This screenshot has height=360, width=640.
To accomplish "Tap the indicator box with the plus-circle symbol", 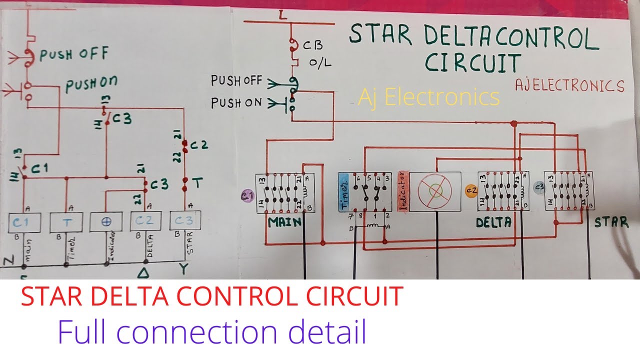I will click(106, 221).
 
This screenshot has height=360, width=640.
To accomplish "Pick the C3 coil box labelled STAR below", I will click(185, 220).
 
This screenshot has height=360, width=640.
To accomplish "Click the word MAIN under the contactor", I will click(285, 221).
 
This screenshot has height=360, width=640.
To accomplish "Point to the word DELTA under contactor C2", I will click(493, 222).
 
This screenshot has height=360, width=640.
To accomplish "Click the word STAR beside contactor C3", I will click(611, 221).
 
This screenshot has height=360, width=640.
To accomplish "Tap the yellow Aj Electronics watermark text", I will click(428, 96).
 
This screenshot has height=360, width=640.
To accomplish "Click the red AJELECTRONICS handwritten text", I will click(569, 86).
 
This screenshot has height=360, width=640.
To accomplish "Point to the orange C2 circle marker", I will click(471, 190).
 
